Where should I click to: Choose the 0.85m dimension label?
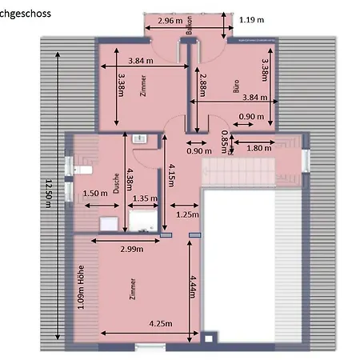(x=224, y=139)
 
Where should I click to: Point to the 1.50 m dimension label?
(x=94, y=192)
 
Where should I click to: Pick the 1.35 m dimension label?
(x=145, y=198)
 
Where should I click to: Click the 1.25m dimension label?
(x=187, y=214)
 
